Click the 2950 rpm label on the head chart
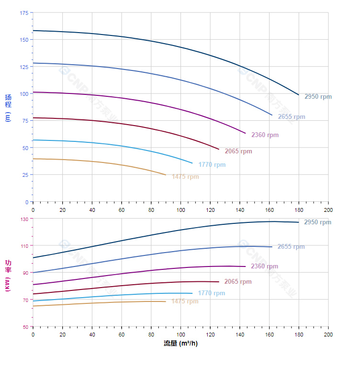tap(318, 96)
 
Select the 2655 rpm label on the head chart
tap(291, 116)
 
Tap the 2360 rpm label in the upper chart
tap(265, 135)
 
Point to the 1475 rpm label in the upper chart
tap(185, 176)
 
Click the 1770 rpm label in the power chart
tap(211, 293)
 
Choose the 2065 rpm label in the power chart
tap(238, 281)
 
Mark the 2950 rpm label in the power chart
tap(317, 222)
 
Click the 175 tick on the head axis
tap(24, 13)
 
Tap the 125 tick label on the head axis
tap(24, 67)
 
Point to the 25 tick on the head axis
tap(25, 175)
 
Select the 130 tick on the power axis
tap(24, 219)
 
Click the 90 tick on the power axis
tap(25, 273)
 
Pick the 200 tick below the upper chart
tap(328, 210)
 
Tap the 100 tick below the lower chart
tap(180, 334)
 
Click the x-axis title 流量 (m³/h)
tap(180, 344)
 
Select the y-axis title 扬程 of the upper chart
tap(8, 101)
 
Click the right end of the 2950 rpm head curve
tap(299, 95)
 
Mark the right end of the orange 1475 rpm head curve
tap(166, 175)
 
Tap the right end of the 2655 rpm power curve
tap(272, 247)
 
